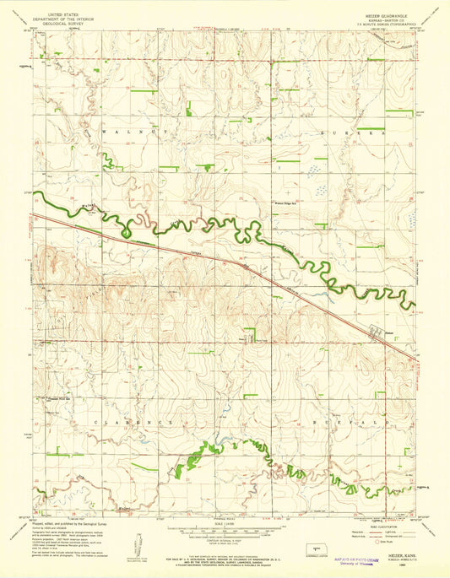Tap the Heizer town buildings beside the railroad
375,332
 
